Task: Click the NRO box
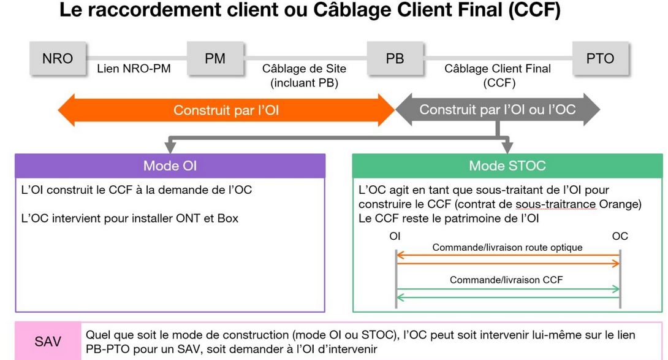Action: tap(58, 59)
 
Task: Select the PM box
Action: tap(215, 59)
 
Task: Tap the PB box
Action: tap(395, 59)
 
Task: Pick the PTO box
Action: tap(600, 59)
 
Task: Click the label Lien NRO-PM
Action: tap(134, 69)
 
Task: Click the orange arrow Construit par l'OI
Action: tap(226, 110)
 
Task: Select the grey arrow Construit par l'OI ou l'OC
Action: tap(497, 110)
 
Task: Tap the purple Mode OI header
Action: tap(170, 166)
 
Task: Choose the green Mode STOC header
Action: tap(507, 166)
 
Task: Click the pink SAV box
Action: tap(48, 341)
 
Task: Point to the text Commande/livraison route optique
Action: tap(507, 248)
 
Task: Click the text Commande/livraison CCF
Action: tap(506, 280)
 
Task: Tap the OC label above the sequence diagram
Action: tap(620, 236)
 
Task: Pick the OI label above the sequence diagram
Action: tap(395, 236)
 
